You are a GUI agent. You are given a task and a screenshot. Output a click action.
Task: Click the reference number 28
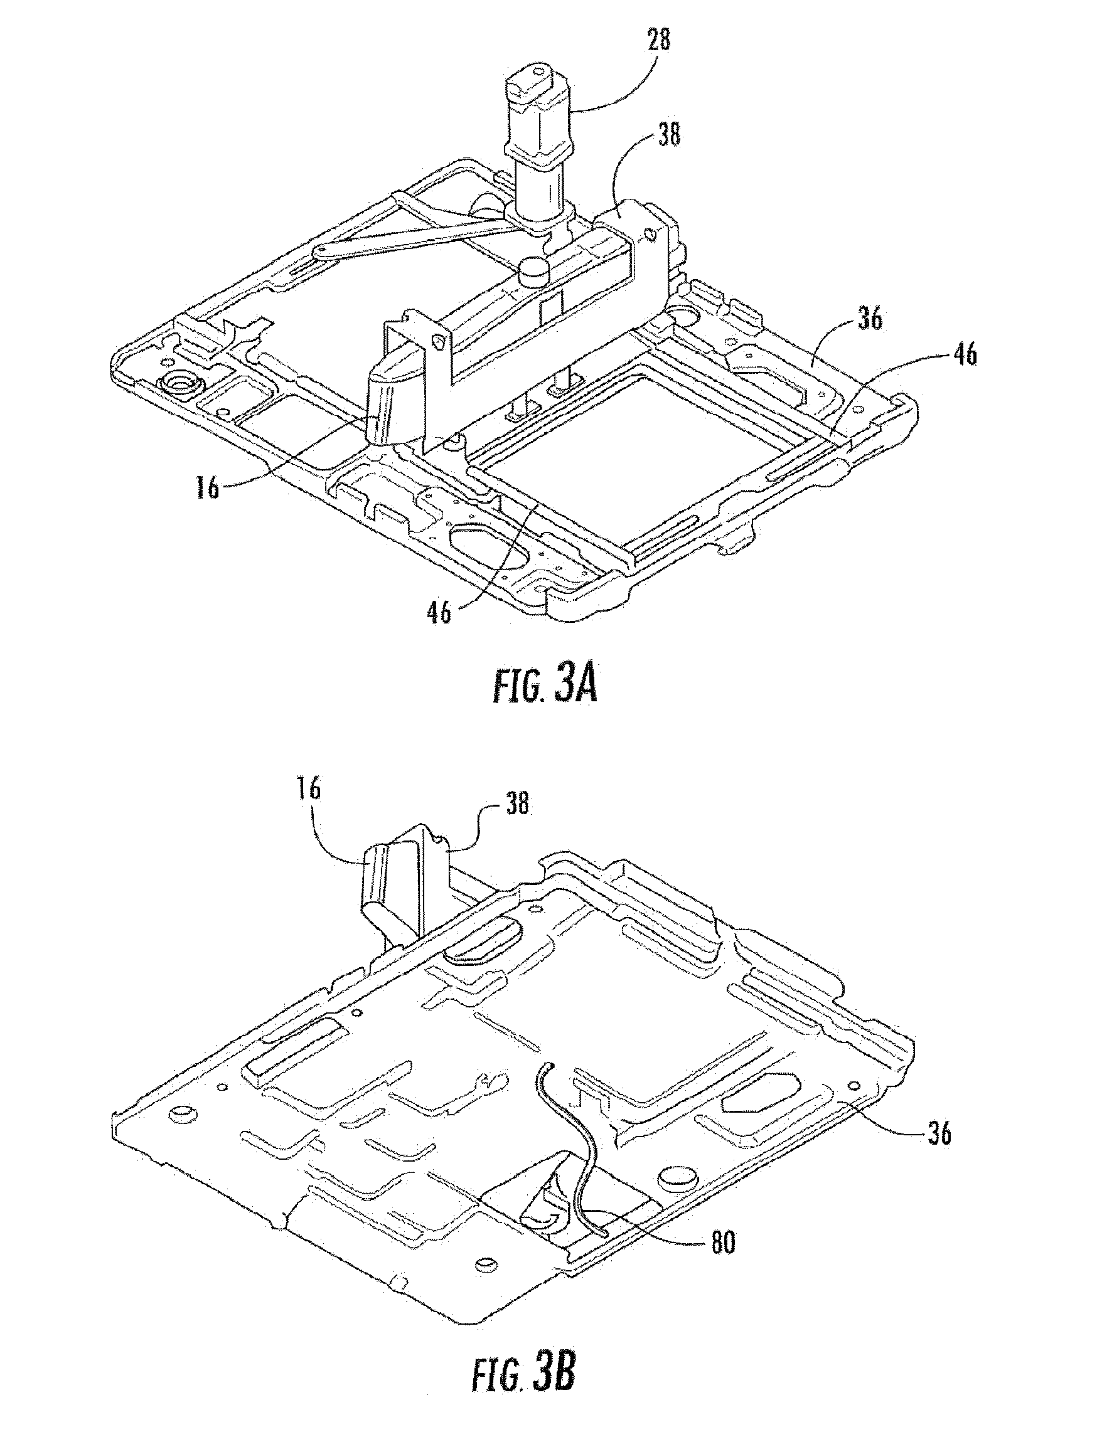[x=659, y=41]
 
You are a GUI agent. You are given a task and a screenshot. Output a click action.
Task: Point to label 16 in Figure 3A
[x=208, y=487]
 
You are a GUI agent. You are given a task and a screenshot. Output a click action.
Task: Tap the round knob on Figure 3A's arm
[x=534, y=268]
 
